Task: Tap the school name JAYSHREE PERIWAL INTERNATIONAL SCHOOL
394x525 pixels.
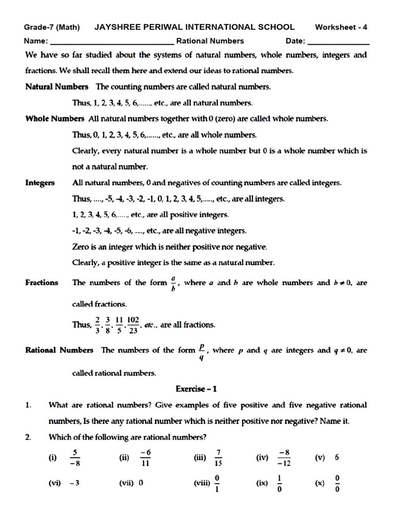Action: point(194,27)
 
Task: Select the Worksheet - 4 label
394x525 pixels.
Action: point(341,27)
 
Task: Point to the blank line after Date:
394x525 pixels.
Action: point(338,42)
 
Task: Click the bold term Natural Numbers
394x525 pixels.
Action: point(56,87)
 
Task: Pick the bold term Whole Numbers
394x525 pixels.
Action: point(55,118)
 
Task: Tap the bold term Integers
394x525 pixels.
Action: point(40,183)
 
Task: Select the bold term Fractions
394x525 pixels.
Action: point(42,282)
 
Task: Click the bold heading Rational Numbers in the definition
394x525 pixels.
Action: point(60,350)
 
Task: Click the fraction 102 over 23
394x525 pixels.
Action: point(133,324)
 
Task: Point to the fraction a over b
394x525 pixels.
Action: point(174,283)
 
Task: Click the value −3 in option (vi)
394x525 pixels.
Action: point(73,483)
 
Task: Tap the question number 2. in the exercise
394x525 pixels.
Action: point(29,437)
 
